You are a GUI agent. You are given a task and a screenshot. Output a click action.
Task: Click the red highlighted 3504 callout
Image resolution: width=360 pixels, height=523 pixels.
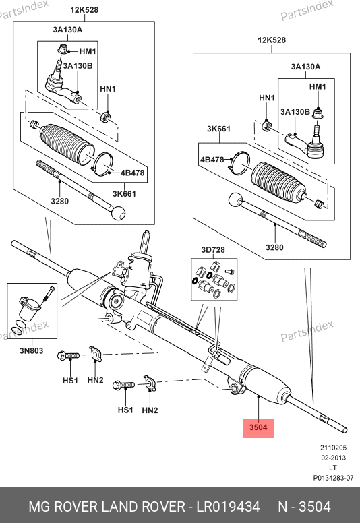[x=258, y=428]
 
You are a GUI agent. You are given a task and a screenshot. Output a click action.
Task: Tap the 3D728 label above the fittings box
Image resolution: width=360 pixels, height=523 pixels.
[x=213, y=250]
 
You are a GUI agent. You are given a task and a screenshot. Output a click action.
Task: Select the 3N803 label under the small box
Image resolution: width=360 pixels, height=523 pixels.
[x=32, y=350]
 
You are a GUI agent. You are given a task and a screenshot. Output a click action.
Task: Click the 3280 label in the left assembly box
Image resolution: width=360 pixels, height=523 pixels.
[x=60, y=201]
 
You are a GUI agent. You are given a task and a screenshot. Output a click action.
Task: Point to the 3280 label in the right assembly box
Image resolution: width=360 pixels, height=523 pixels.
[x=274, y=247]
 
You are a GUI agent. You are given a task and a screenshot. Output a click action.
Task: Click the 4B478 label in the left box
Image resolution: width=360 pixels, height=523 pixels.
[x=132, y=173]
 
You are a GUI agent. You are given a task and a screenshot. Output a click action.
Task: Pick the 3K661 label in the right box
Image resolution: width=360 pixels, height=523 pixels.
[x=218, y=129]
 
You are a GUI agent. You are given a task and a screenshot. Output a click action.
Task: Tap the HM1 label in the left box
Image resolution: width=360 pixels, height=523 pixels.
[x=88, y=51]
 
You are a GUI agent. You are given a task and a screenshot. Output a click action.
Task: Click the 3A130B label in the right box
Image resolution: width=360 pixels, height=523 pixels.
[x=295, y=112]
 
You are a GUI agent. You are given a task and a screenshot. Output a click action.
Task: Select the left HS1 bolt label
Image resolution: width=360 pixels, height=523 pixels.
[x=70, y=381]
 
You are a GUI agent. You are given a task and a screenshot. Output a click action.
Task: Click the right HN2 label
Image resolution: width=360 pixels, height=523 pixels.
[x=150, y=410]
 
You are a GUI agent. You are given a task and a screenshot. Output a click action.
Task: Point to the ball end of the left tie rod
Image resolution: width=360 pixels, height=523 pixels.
[x=119, y=213]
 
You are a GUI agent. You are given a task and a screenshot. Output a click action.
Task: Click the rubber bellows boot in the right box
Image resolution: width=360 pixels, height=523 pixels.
[x=278, y=183]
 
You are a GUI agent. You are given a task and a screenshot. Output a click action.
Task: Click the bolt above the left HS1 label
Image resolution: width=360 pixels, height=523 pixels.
[x=68, y=356]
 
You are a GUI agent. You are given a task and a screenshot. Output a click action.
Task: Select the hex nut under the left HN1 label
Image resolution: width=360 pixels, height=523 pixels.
[x=105, y=117]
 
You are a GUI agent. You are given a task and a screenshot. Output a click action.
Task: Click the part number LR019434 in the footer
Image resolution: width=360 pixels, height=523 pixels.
[x=228, y=507]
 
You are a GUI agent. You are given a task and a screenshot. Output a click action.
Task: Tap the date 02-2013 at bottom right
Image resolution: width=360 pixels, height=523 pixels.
[x=333, y=458]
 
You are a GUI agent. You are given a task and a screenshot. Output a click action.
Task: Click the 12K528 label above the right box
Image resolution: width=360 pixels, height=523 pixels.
[x=272, y=40]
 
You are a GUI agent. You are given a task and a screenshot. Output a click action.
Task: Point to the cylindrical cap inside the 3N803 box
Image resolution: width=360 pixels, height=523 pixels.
[x=28, y=309]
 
